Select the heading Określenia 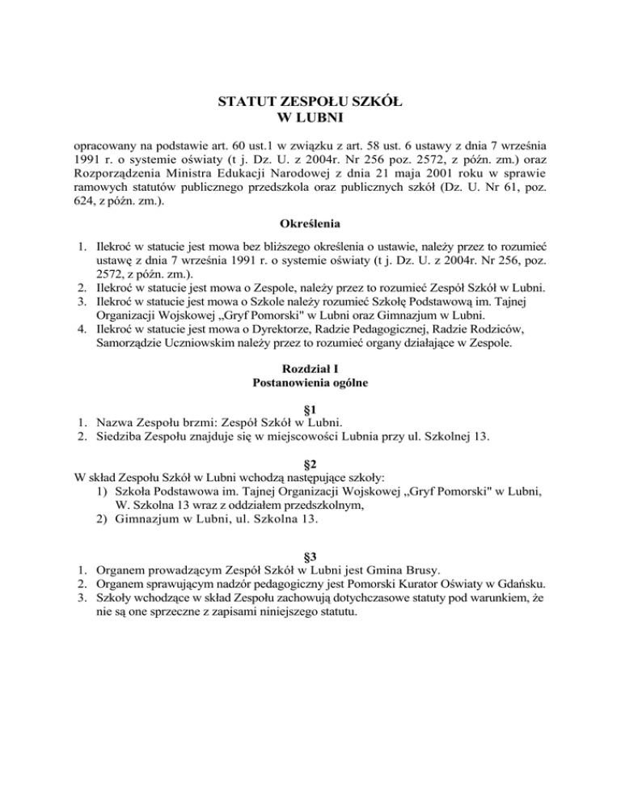(310, 243)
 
